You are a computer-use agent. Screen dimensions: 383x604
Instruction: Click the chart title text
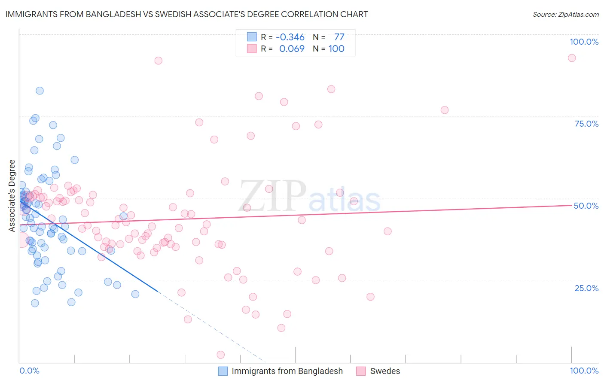(x=186, y=14)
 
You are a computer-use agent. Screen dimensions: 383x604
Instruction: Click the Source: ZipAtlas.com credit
(x=565, y=14)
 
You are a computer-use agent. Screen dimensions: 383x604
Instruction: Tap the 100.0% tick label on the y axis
(x=584, y=42)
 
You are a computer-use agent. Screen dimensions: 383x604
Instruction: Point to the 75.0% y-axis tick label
(x=586, y=124)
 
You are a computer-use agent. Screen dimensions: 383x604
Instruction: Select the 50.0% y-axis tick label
(x=586, y=206)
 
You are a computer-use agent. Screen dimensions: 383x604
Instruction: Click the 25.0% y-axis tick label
(x=586, y=288)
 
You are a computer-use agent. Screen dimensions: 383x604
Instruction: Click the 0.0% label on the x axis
(x=29, y=371)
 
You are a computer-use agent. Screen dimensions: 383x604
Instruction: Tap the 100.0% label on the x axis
(x=584, y=371)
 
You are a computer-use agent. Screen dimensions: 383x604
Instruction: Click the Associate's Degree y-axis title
(x=12, y=195)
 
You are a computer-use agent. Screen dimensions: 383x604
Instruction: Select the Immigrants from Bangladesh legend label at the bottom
(x=287, y=371)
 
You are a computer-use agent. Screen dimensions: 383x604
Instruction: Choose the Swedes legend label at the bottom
(x=385, y=371)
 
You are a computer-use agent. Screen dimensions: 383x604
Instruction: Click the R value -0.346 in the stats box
(x=290, y=37)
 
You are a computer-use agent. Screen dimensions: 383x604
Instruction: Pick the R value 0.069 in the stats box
(x=292, y=49)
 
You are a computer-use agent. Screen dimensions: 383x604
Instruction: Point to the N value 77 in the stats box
(x=339, y=37)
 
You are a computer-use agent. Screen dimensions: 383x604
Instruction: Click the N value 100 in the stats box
(x=336, y=49)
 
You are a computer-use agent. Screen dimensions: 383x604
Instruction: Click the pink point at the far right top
(x=571, y=58)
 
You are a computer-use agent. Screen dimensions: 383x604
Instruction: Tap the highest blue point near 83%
(x=40, y=91)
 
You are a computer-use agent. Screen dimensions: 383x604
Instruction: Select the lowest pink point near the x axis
(x=220, y=355)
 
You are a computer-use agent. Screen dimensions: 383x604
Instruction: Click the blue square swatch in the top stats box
(x=252, y=37)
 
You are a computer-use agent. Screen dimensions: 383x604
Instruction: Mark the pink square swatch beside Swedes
(x=361, y=371)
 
